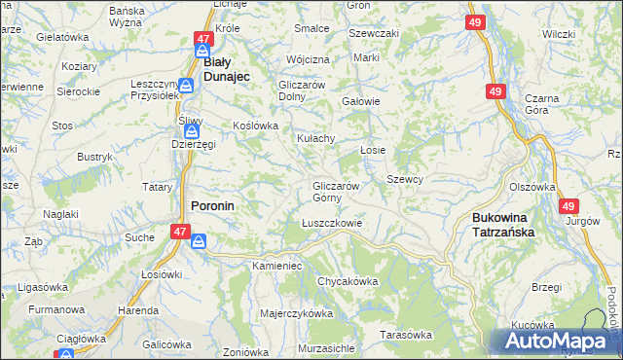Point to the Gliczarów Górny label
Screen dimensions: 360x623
coord(336,192)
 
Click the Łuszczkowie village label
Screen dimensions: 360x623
coord(331,223)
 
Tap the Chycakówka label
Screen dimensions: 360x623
coord(347,281)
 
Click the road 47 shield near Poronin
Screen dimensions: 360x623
coord(179,232)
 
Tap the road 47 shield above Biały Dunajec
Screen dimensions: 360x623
coord(202,39)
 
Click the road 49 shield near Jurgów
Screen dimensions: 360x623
coord(568,205)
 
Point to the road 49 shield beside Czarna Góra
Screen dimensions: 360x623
coord(495,90)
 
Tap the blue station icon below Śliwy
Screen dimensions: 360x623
coord(193,129)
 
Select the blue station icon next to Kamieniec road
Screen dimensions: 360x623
coord(199,241)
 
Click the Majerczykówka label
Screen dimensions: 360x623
coord(297,313)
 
